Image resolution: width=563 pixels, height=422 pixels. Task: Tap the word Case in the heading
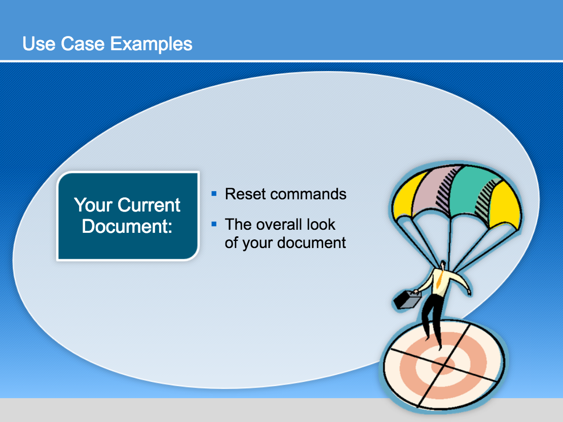click(83, 44)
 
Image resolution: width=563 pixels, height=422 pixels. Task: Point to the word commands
click(309, 194)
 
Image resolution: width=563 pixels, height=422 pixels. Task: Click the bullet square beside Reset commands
click(214, 194)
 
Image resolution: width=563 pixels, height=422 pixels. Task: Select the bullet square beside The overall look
click(214, 224)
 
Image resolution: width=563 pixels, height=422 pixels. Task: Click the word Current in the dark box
click(148, 205)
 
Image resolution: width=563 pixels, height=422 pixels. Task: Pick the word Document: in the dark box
click(127, 226)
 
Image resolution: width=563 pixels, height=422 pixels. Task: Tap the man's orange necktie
click(439, 280)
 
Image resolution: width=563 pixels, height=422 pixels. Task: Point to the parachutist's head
click(443, 265)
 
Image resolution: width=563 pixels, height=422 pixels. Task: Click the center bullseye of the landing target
click(443, 366)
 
